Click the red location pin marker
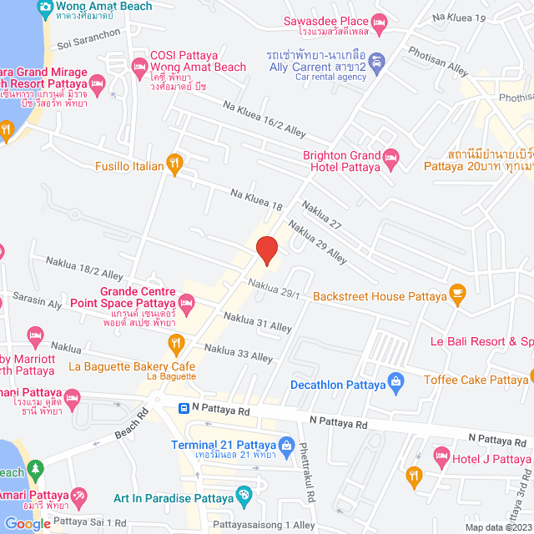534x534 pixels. (266, 250)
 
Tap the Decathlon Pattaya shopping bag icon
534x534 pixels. (396, 385)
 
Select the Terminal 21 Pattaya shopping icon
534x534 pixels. (285, 443)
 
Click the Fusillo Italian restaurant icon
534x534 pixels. (174, 164)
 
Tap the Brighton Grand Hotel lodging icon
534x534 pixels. (391, 156)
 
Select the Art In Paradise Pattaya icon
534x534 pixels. (244, 496)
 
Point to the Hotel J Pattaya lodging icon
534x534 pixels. (441, 456)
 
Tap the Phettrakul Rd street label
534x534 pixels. (306, 471)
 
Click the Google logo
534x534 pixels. (27, 523)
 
